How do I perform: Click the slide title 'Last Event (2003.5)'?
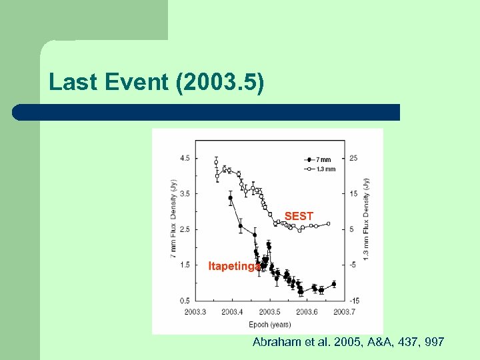click(x=157, y=82)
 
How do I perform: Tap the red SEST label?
click(x=299, y=216)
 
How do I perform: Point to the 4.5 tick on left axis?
click(x=184, y=158)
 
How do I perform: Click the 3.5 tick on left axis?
click(x=184, y=194)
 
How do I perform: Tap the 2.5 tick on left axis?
click(x=184, y=229)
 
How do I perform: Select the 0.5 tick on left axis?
click(x=184, y=301)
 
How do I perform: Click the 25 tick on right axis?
click(x=353, y=158)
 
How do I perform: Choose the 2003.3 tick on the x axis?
click(x=195, y=311)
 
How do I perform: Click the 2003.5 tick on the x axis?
click(x=269, y=311)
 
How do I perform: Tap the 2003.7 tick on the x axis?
click(x=344, y=311)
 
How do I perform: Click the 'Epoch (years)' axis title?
click(x=269, y=324)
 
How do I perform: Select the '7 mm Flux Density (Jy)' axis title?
click(x=173, y=219)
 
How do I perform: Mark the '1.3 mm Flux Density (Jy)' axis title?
click(x=366, y=219)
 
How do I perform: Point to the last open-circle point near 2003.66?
click(x=328, y=224)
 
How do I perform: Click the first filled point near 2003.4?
click(x=231, y=198)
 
